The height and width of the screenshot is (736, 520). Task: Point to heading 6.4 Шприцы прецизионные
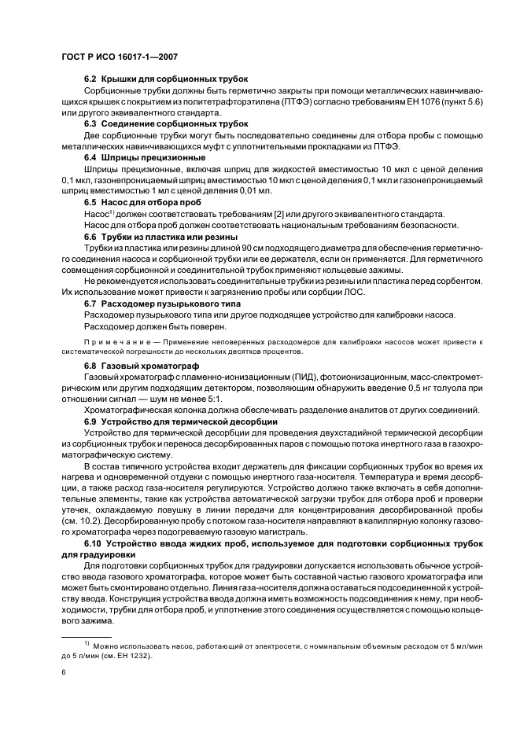coord(145,157)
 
